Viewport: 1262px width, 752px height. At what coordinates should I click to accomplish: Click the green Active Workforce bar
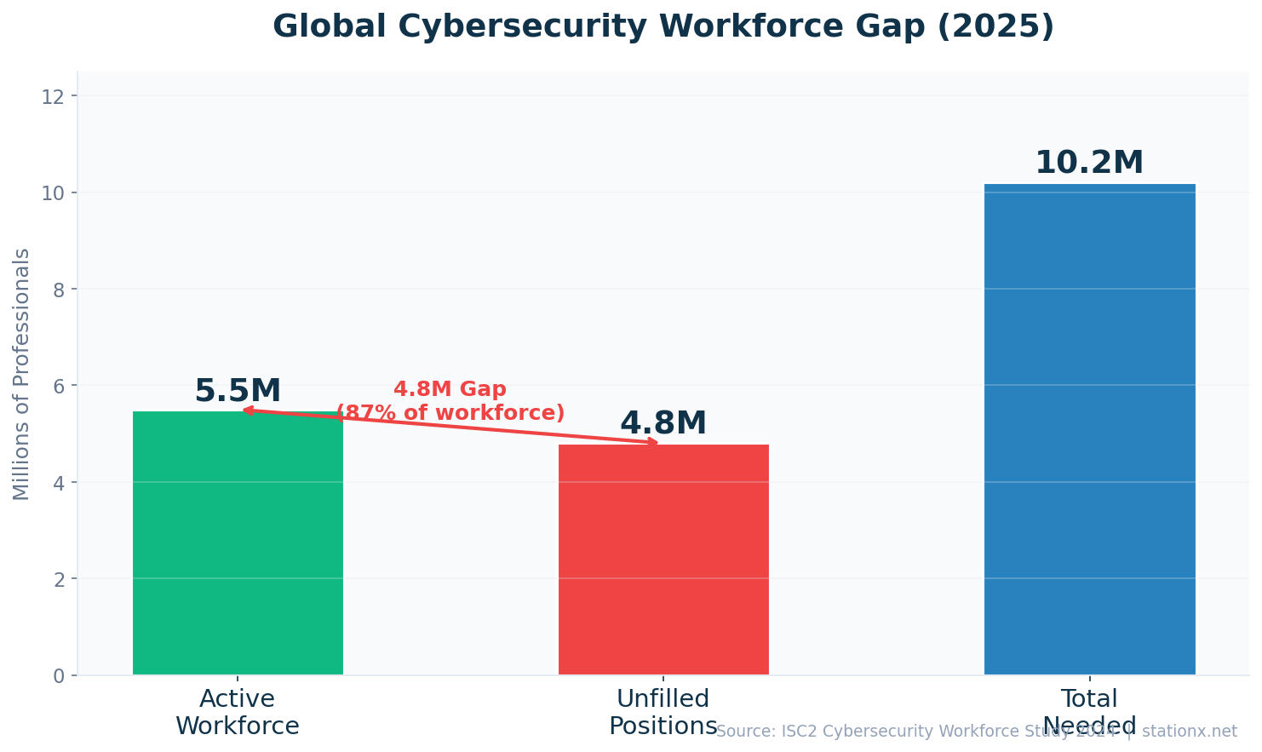[x=238, y=545]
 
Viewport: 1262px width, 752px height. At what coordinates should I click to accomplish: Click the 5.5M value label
[x=238, y=392]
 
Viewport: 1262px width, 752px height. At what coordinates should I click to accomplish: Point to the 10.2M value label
[x=1089, y=163]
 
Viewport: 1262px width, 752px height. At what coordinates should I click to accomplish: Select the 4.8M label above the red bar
[x=663, y=423]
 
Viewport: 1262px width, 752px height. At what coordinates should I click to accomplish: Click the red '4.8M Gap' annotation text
[x=450, y=389]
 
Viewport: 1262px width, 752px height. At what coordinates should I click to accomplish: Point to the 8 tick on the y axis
[x=59, y=290]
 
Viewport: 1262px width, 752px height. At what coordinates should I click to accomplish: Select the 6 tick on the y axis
[x=59, y=386]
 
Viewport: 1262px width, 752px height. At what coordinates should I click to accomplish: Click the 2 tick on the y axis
[x=59, y=579]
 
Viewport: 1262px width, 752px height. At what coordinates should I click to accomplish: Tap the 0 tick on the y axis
[x=59, y=675]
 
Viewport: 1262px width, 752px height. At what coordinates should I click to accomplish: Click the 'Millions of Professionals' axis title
[x=21, y=374]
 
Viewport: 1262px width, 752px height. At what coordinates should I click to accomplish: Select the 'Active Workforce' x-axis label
[x=238, y=712]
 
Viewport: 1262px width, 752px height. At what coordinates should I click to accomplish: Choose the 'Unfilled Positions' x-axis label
[x=663, y=712]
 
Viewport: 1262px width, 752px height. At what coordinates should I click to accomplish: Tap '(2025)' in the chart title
[x=995, y=26]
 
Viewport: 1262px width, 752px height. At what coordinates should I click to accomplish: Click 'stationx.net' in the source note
[x=1189, y=732]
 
